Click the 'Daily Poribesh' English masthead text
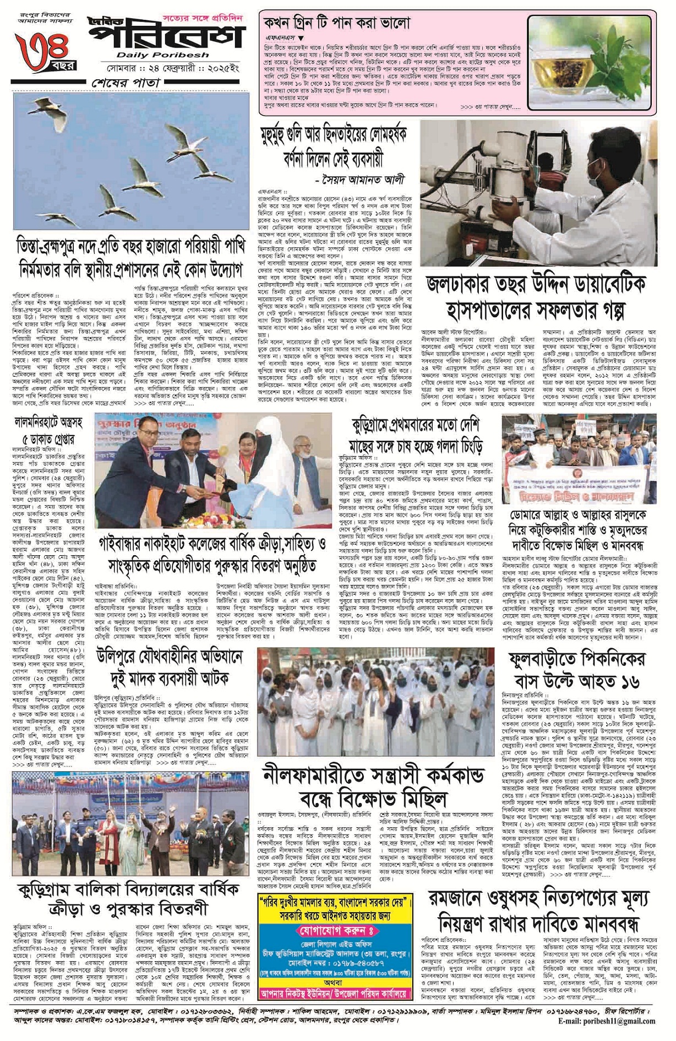(162, 55)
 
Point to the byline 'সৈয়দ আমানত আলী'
(361, 180)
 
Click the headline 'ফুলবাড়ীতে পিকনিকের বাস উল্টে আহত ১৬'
(577, 671)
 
